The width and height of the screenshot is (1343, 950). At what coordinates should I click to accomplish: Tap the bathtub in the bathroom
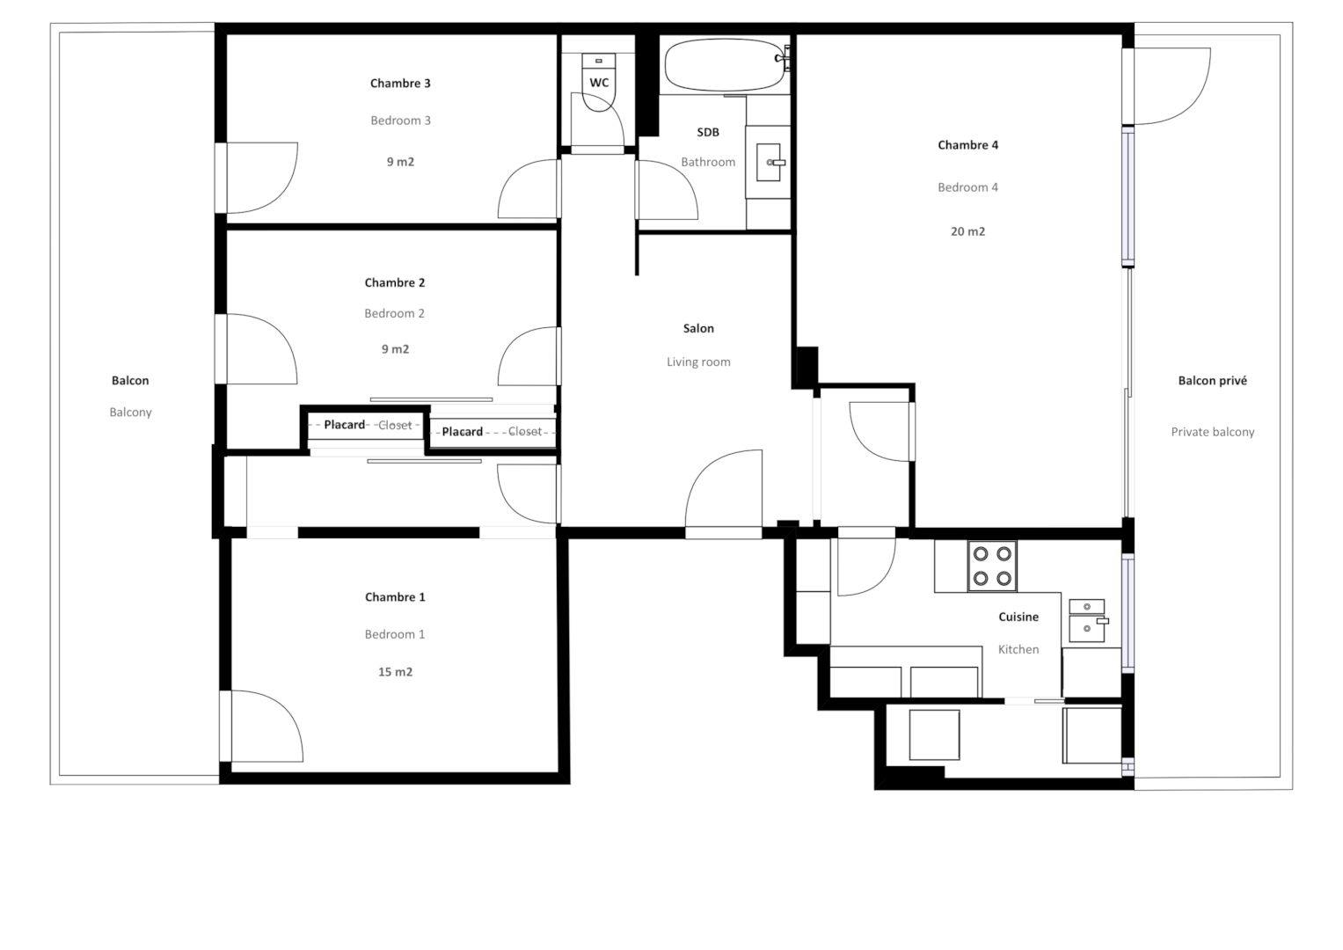coord(726,65)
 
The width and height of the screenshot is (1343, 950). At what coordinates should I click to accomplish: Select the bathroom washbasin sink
coord(769,162)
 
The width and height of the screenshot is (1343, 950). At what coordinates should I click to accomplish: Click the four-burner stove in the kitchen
coord(992,566)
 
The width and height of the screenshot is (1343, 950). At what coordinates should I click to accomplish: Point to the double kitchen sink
coord(1088,620)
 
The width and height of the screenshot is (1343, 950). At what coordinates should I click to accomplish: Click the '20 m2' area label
coord(967,231)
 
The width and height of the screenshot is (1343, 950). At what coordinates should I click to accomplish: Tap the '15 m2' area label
coord(395,672)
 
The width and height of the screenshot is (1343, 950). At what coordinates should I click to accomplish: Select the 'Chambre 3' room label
coord(400,84)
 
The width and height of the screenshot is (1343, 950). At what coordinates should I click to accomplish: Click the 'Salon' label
coord(698,328)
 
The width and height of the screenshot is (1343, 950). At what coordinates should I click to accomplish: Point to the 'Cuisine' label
coord(1018,617)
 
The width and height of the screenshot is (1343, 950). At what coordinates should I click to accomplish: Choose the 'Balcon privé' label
coord(1212,380)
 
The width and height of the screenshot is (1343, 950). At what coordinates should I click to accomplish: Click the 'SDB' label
coord(707,132)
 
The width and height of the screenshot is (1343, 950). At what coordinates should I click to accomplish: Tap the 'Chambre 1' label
coord(395,596)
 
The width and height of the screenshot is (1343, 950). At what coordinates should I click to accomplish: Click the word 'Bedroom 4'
coord(967,187)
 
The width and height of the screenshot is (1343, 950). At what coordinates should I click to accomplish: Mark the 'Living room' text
coord(698,362)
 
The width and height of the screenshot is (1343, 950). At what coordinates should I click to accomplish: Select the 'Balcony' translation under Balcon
coord(130,412)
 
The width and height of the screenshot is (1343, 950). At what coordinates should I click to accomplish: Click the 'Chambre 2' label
coord(395,282)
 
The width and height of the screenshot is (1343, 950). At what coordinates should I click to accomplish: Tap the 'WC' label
coord(599,83)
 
